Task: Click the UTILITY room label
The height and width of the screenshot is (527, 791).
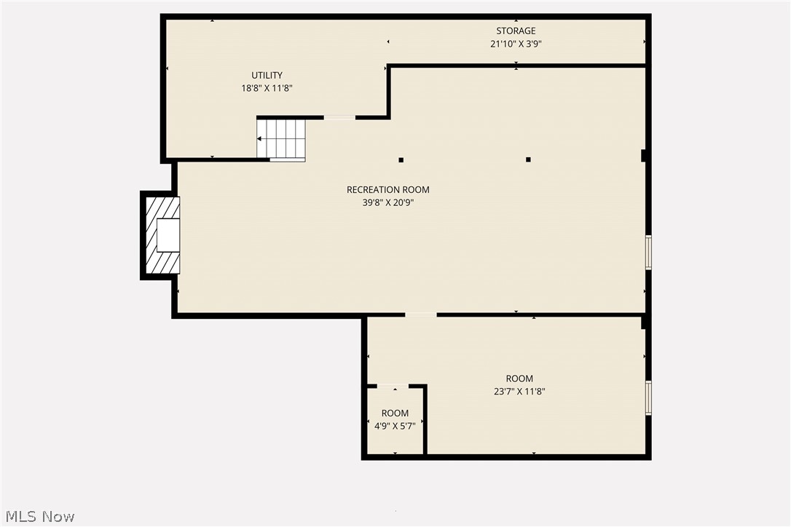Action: (x=267, y=75)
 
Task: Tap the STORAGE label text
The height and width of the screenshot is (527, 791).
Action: (x=516, y=31)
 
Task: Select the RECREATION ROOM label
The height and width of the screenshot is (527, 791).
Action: (x=387, y=190)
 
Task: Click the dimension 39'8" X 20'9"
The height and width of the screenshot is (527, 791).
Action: (x=387, y=203)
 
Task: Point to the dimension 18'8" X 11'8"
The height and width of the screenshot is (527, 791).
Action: (x=267, y=88)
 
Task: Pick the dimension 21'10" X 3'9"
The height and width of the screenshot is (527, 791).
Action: (x=516, y=44)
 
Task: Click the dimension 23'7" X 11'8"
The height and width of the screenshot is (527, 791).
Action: (x=519, y=392)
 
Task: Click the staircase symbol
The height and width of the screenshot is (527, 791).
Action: (x=281, y=139)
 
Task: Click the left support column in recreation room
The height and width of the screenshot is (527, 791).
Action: (x=401, y=159)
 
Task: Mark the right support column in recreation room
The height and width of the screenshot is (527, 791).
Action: (x=528, y=159)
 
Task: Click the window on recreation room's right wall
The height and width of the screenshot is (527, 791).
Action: (x=648, y=253)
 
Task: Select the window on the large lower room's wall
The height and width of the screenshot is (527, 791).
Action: (x=648, y=398)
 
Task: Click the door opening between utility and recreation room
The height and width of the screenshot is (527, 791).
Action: (x=339, y=117)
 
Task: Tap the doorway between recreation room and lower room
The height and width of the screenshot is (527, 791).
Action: (x=420, y=315)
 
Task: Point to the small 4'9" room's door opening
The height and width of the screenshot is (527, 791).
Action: (x=393, y=385)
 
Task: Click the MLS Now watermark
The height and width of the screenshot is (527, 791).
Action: (x=38, y=517)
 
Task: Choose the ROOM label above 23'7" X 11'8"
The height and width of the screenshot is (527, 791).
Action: (x=519, y=379)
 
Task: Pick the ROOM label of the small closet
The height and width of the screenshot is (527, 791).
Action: (x=395, y=413)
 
